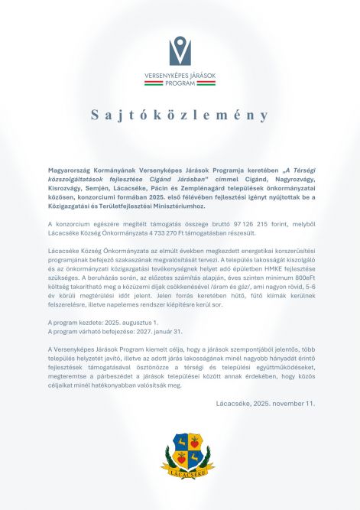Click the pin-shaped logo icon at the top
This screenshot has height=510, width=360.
[180, 50]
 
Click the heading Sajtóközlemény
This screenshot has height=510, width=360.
[180, 115]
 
